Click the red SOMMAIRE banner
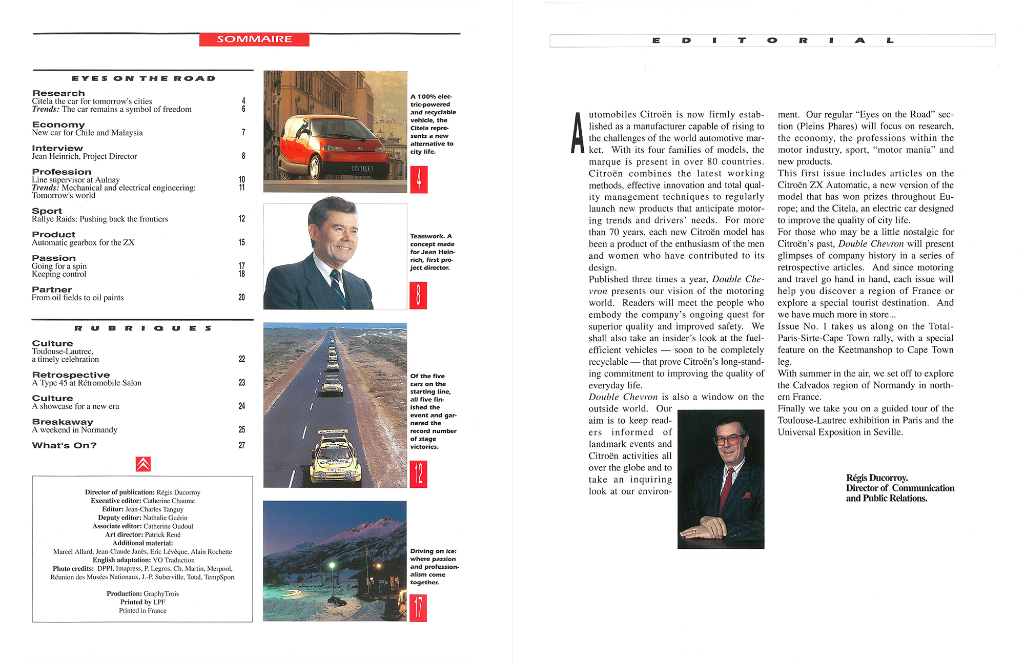pyautogui.click(x=254, y=39)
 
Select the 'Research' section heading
pyautogui.click(x=58, y=93)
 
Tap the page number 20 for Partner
pyautogui.click(x=241, y=297)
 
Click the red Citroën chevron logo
pyautogui.click(x=143, y=464)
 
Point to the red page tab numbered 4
pyautogui.click(x=419, y=179)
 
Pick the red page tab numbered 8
pyautogui.click(x=418, y=296)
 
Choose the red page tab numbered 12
pyautogui.click(x=418, y=474)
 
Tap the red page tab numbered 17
pyautogui.click(x=418, y=608)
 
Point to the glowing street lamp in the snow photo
pyautogui.click(x=332, y=566)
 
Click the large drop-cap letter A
pyautogui.click(x=578, y=133)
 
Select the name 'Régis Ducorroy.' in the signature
pyautogui.click(x=877, y=478)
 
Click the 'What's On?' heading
pyautogui.click(x=64, y=445)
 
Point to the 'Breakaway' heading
pyautogui.click(x=63, y=422)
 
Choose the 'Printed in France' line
pyautogui.click(x=142, y=610)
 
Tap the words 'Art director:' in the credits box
pyautogui.click(x=124, y=534)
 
